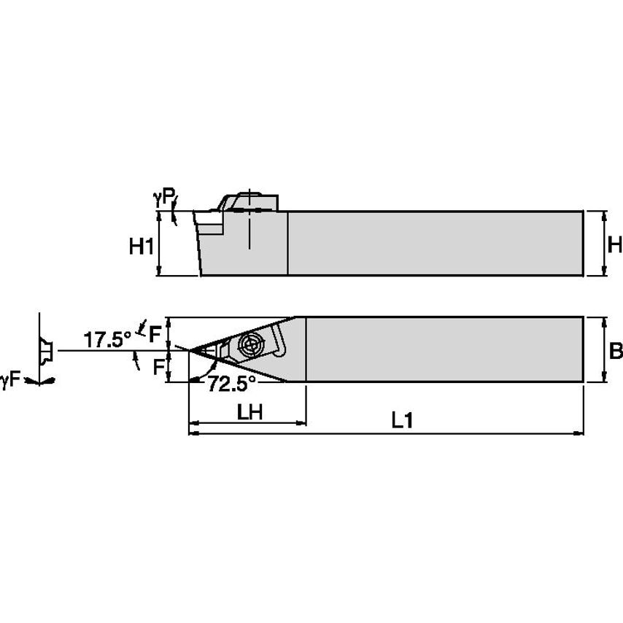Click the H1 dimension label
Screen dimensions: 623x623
click(141, 247)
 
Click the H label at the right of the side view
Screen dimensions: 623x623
click(614, 245)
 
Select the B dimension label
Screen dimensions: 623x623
click(615, 351)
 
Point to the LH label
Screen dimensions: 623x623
click(249, 412)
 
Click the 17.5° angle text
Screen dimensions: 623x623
click(107, 339)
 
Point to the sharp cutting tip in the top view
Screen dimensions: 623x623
click(190, 351)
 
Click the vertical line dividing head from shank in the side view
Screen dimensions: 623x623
click(288, 243)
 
